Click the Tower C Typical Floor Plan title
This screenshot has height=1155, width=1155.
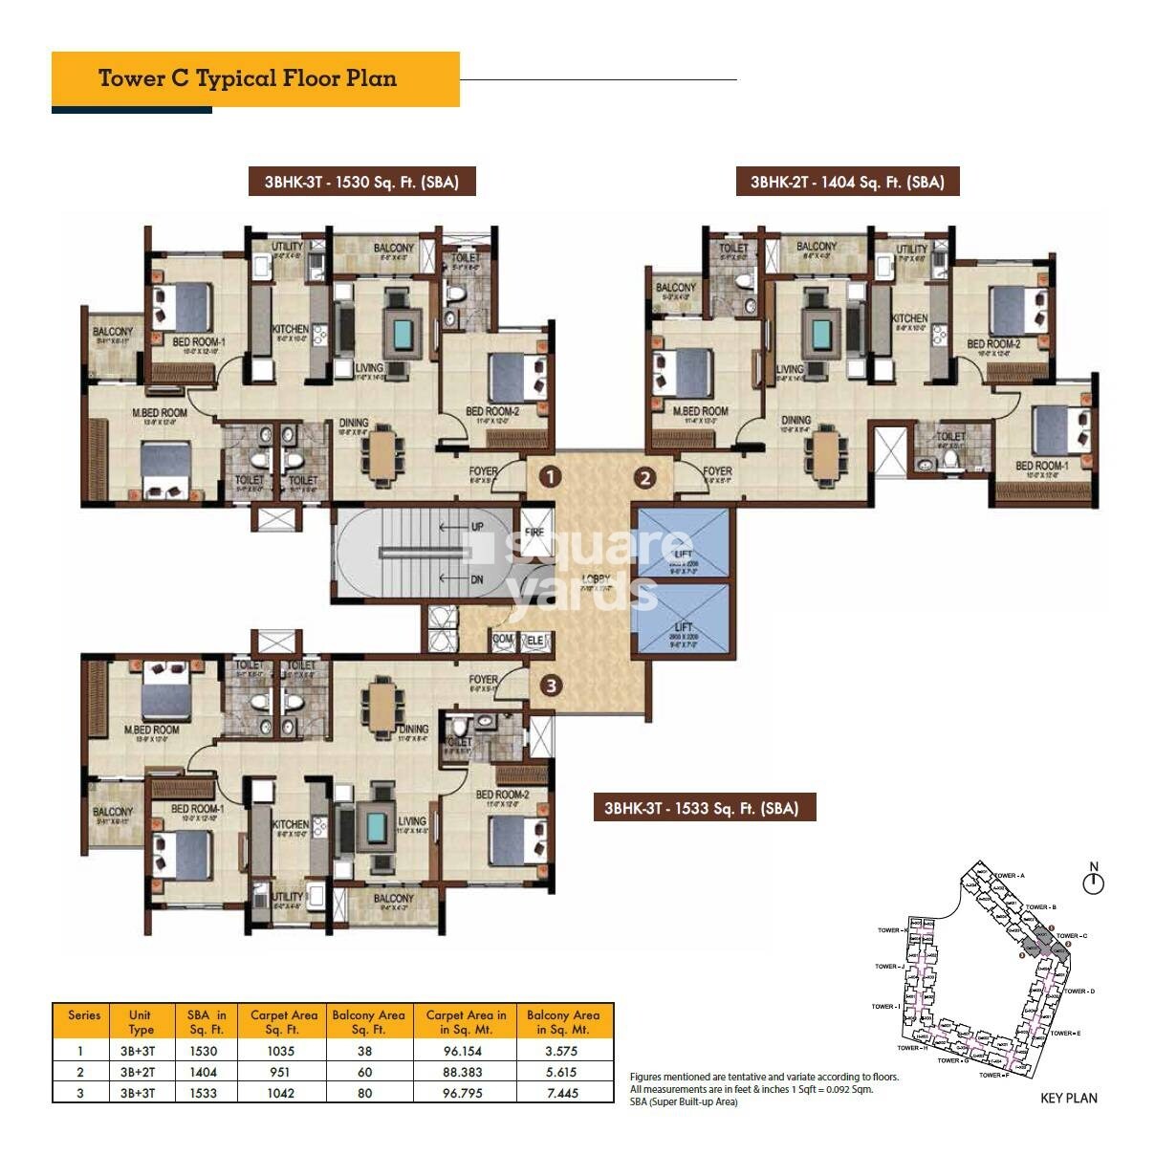coord(248,78)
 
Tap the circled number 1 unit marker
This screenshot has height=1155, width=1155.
coord(549,475)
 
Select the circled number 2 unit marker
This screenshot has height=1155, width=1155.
coord(645,477)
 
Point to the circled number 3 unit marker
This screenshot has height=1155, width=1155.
coord(550,685)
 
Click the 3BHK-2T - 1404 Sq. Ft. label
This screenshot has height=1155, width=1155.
coord(847,182)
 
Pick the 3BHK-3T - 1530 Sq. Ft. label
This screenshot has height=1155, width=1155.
coord(361,182)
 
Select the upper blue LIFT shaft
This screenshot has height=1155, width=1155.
coord(683,543)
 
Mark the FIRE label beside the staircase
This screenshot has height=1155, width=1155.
coord(534,532)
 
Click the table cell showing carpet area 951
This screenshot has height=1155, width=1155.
coord(281,1072)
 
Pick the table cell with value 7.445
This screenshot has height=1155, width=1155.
coord(562,1093)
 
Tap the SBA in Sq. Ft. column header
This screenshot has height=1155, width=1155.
coord(206,1022)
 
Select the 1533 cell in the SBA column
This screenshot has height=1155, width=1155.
coord(204,1093)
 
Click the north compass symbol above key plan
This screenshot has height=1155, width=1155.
coord(1093,881)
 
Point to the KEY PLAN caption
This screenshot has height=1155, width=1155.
coord(1068,1098)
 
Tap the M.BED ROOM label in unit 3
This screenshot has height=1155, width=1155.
coord(152,730)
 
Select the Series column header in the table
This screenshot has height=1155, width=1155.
coord(84,1015)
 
